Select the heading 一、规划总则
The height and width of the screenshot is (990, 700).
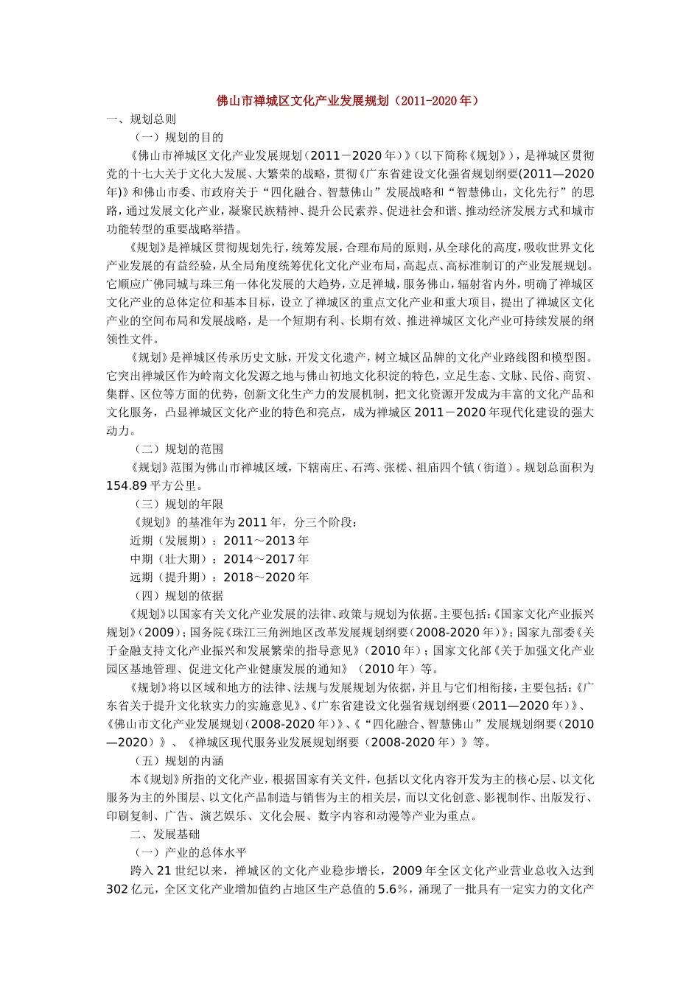coord(141,119)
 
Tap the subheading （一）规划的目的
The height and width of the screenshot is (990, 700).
coord(177,137)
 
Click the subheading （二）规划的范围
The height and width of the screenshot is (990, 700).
coord(177,449)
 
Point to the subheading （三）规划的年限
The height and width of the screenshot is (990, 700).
coord(177,504)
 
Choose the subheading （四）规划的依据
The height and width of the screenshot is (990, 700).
coord(177,595)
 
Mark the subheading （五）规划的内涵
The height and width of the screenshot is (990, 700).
coord(177,760)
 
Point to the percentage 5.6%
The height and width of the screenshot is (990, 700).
coord(393,889)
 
